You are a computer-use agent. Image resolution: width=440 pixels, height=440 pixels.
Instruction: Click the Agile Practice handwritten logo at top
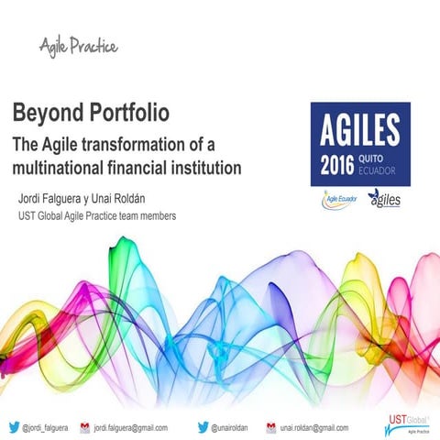(x=78, y=45)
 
